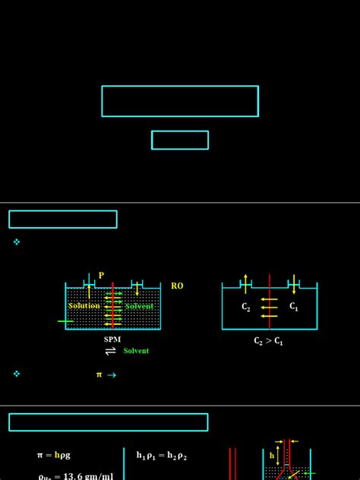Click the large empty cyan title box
(x=180, y=101)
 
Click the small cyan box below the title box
(x=180, y=140)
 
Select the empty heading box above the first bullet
(x=63, y=219)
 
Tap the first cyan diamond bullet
(x=17, y=242)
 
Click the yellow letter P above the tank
(x=101, y=276)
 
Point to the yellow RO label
(x=177, y=286)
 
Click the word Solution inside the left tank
(x=84, y=305)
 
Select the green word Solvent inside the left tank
(x=139, y=305)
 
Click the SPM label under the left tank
(x=112, y=339)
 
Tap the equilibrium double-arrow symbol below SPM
(x=111, y=351)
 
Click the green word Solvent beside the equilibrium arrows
(x=136, y=351)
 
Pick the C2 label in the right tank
(x=246, y=307)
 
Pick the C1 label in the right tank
(x=294, y=306)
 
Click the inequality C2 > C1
(x=269, y=341)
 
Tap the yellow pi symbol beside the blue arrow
(x=99, y=374)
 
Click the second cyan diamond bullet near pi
(x=17, y=374)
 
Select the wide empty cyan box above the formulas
(x=108, y=422)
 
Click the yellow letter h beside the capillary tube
(x=272, y=456)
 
